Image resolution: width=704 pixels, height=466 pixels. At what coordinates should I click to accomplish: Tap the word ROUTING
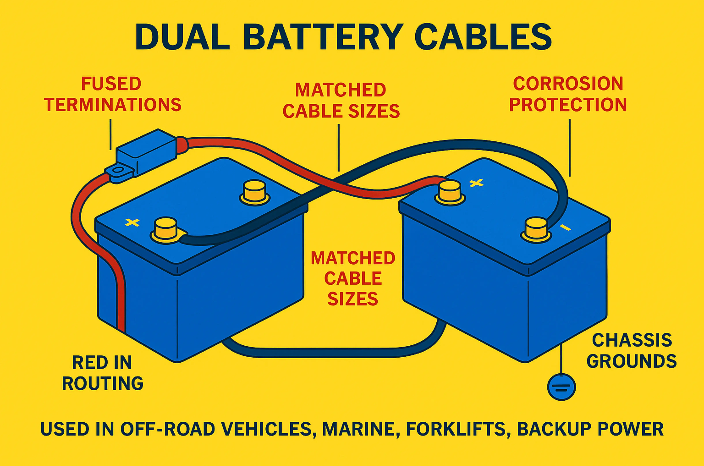103,383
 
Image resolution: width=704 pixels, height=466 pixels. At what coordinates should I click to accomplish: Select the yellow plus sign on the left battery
132,222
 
